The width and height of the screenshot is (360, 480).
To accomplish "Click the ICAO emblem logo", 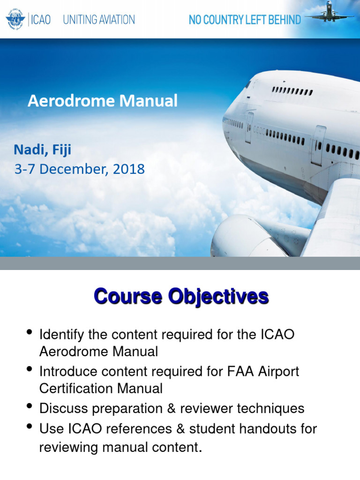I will pyautogui.click(x=16, y=20).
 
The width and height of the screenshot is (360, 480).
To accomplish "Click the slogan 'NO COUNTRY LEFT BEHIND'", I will pyautogui.click(x=244, y=20).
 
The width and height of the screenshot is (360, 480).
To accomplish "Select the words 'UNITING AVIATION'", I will pyautogui.click(x=99, y=20).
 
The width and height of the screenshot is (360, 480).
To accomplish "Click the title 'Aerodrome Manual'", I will pyautogui.click(x=103, y=101).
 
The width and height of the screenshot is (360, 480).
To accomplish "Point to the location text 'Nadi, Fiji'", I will pyautogui.click(x=42, y=150).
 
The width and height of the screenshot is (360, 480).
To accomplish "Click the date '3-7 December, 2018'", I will pyautogui.click(x=79, y=169).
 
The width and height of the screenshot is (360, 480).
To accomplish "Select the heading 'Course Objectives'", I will pyautogui.click(x=181, y=297).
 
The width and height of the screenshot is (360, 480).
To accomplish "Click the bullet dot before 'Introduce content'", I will pyautogui.click(x=30, y=369).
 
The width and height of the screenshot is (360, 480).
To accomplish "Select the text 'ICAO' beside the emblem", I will pyautogui.click(x=41, y=20).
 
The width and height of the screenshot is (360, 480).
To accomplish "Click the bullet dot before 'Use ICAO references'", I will pyautogui.click(x=30, y=426).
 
